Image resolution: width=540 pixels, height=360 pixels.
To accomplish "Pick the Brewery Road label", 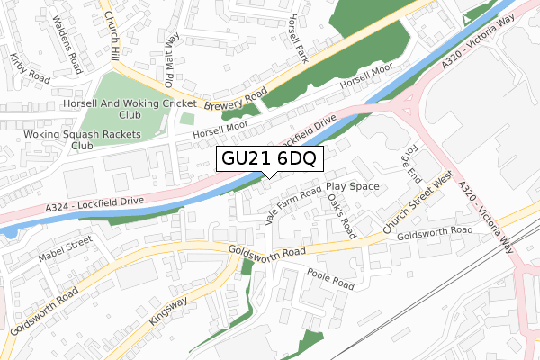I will point(237,100).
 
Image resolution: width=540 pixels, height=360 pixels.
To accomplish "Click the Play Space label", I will point(353,186).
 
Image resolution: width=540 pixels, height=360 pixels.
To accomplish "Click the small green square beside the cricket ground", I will point(186,118).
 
